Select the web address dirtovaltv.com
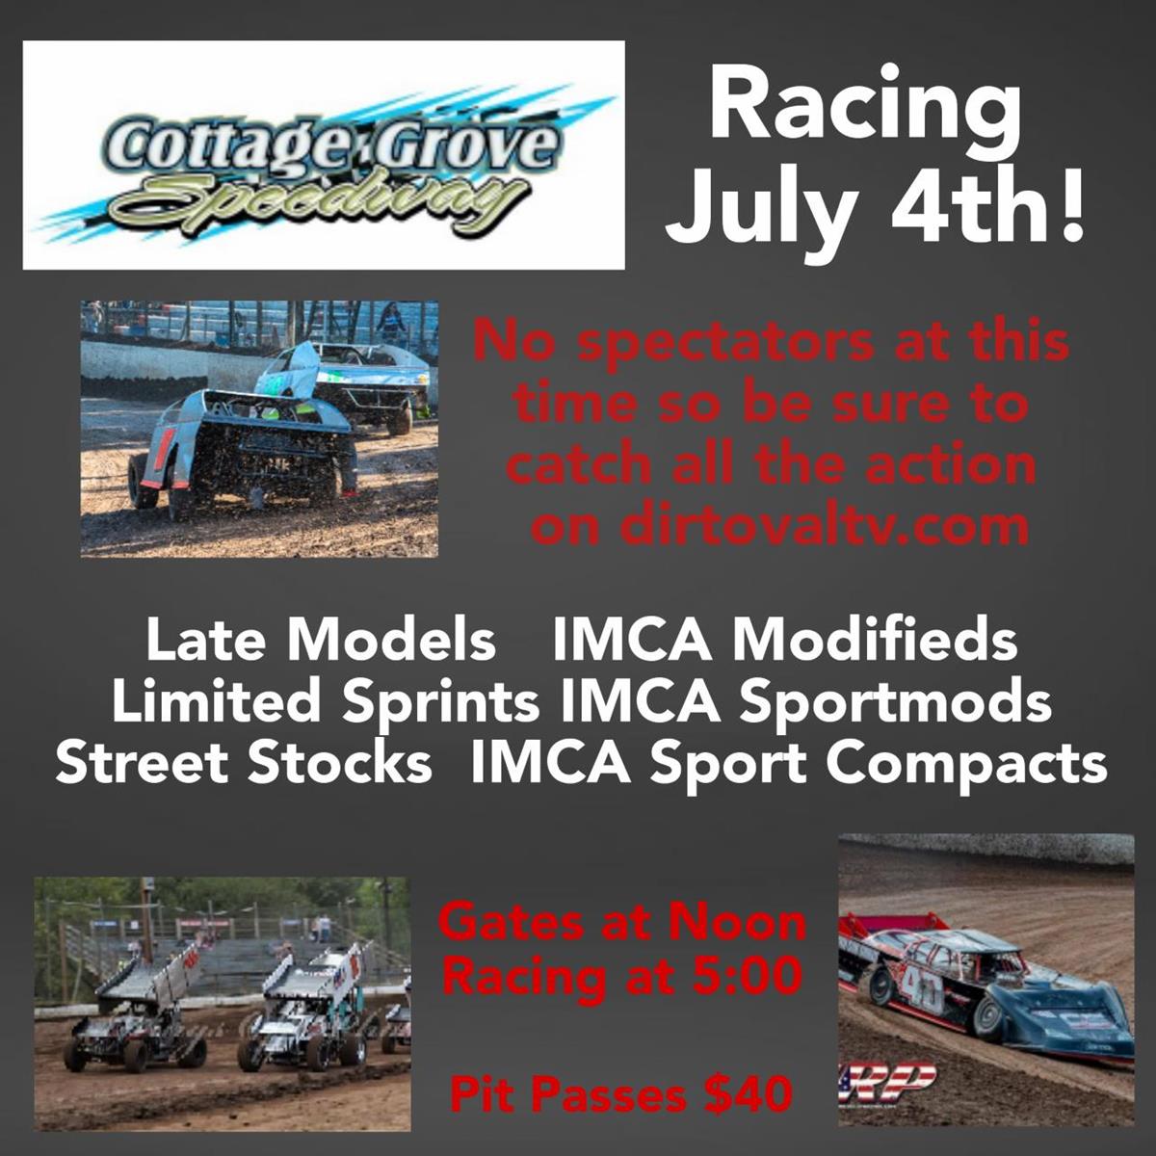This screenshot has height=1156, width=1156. click(780, 526)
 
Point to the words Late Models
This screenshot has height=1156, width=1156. click(321, 640)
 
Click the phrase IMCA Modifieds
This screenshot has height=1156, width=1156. click(785, 640)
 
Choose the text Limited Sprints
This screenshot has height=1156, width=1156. click(326, 702)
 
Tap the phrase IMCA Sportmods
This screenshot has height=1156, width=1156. click(805, 702)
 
